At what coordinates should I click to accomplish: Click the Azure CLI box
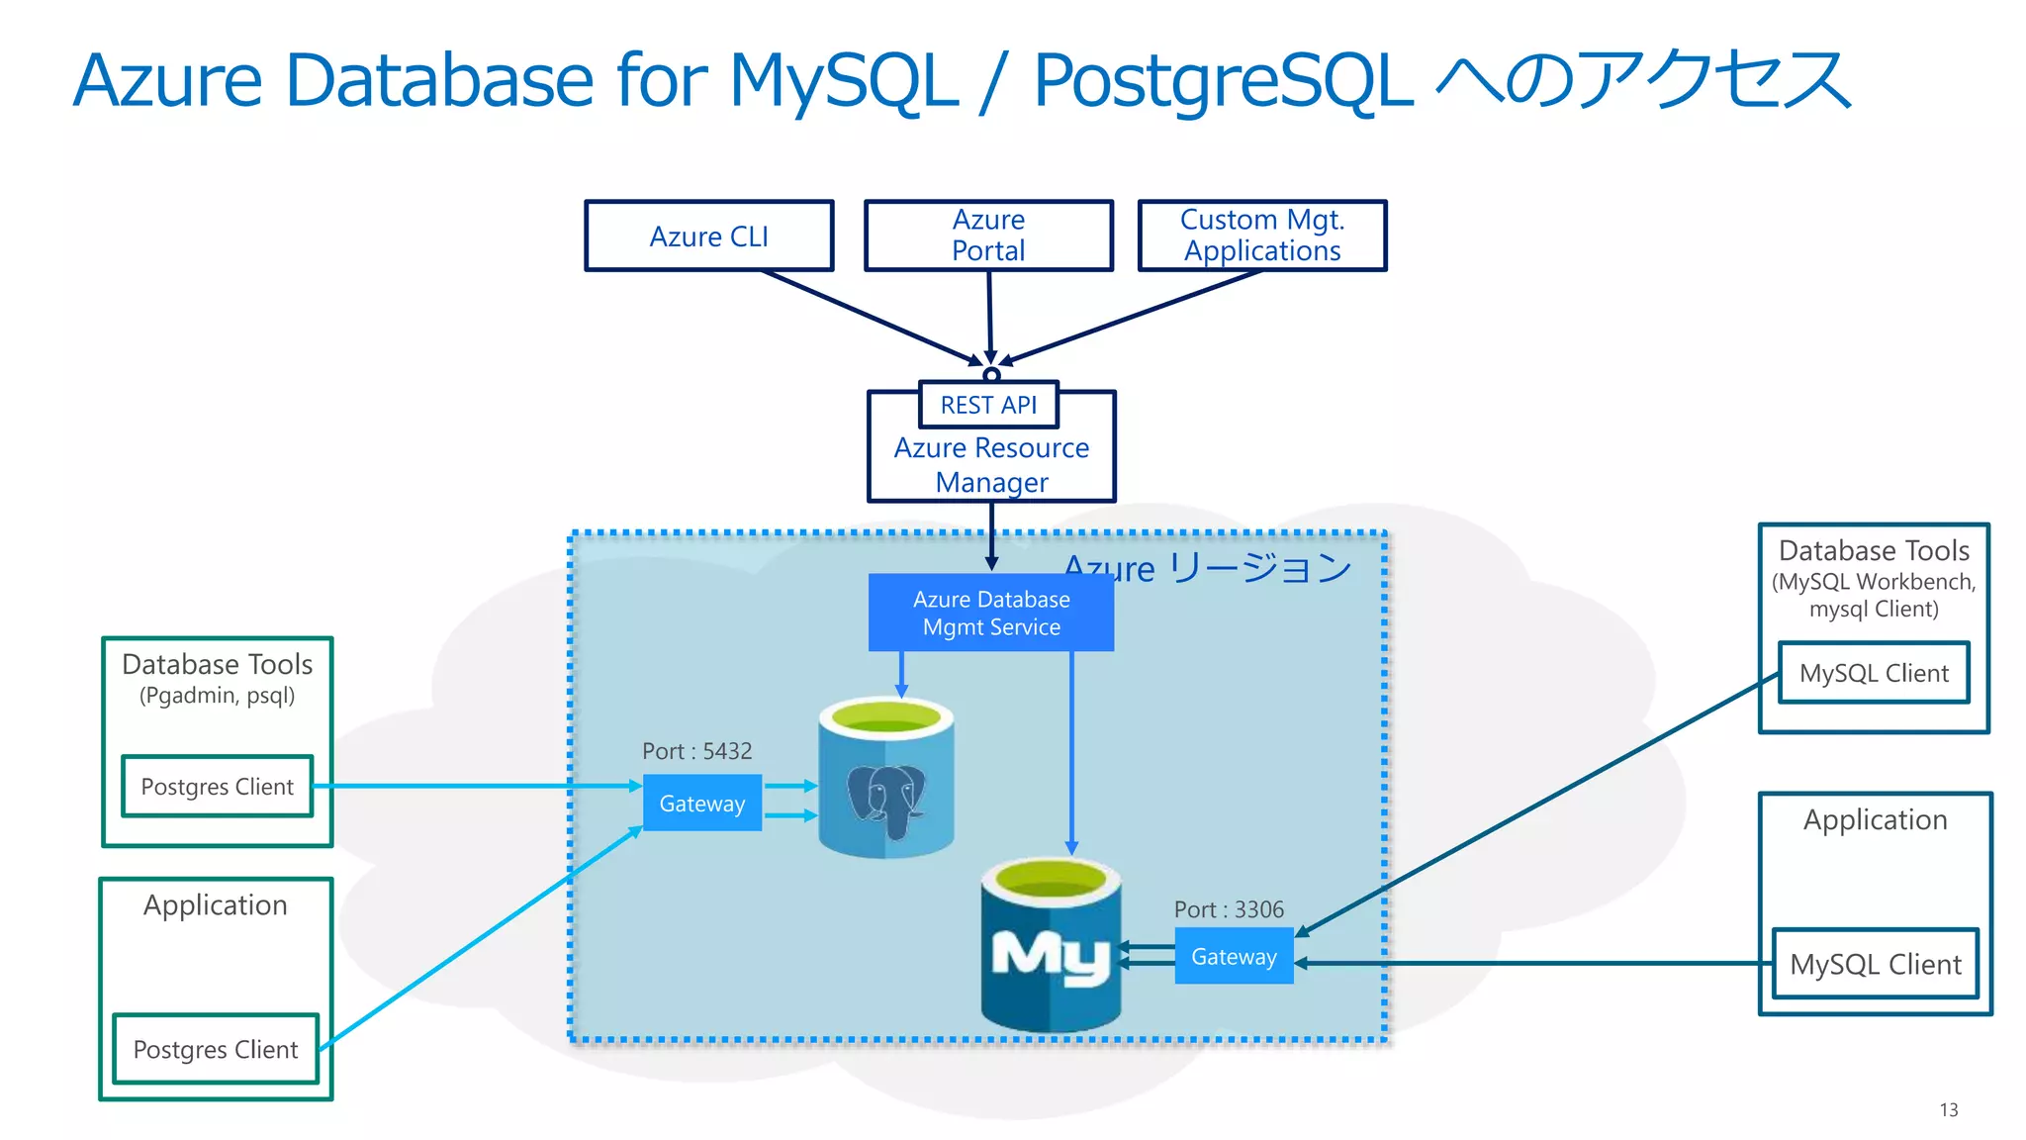click(708, 237)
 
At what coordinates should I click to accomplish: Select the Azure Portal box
click(988, 236)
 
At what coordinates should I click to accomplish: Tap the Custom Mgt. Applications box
click(1262, 236)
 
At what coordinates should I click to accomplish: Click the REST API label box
click(988, 405)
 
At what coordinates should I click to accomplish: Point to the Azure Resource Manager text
click(991, 465)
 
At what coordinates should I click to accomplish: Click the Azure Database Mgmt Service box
click(991, 614)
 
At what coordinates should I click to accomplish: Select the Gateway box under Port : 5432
click(702, 804)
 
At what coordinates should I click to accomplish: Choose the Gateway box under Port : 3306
click(1234, 957)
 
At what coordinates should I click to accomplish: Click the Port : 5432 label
click(696, 751)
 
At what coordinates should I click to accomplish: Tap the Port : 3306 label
click(1229, 909)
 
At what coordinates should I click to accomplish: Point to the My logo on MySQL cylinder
click(1051, 957)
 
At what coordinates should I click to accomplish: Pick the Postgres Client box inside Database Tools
click(218, 787)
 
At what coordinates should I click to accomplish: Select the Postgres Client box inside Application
click(216, 1050)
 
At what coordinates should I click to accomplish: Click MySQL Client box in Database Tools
click(1874, 674)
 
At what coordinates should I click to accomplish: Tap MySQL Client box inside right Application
click(1876, 965)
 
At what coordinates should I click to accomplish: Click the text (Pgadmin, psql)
click(217, 696)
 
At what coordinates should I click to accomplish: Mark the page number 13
click(1948, 1110)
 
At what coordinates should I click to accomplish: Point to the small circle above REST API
click(991, 375)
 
